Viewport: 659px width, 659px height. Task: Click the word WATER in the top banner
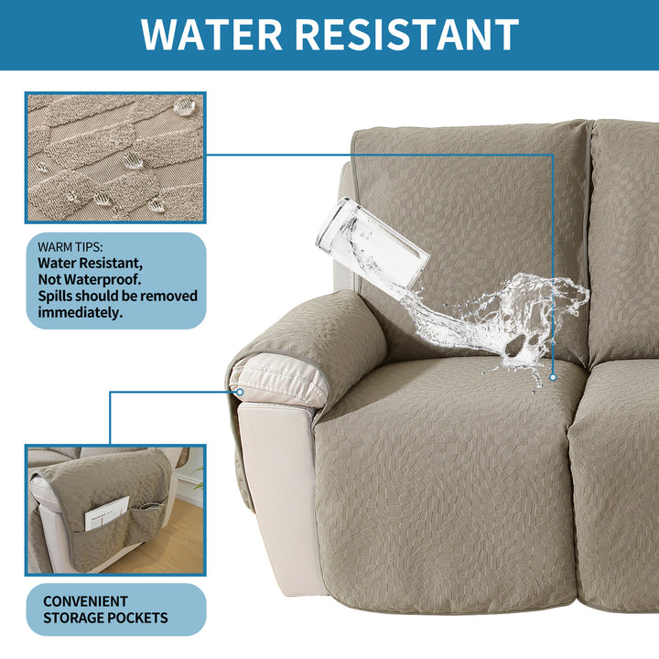coord(211,35)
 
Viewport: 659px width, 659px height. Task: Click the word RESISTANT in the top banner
coord(406,35)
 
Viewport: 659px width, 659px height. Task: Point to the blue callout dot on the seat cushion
coord(553,377)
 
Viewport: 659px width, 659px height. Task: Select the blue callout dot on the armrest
coord(240,392)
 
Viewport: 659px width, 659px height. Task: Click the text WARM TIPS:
coord(70,247)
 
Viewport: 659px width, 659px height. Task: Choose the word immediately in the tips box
coord(81,313)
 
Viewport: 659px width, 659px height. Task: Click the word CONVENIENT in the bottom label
coord(85,601)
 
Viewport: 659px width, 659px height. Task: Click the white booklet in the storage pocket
coord(106,513)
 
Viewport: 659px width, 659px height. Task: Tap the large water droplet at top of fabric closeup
coord(185,106)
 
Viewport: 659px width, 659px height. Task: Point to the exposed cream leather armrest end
coord(277,382)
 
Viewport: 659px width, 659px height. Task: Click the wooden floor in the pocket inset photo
coord(168,542)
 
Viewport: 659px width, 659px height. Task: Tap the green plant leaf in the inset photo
coord(199,479)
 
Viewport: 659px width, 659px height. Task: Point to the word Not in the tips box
coord(49,279)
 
